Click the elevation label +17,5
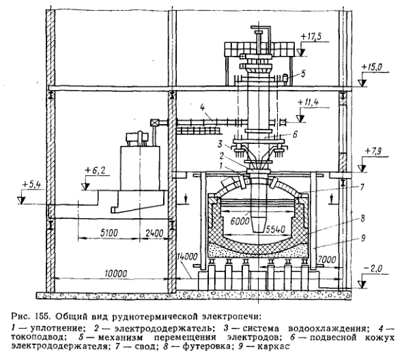(311, 37)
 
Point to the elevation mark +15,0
(372, 67)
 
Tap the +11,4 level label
(308, 102)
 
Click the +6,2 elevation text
(94, 170)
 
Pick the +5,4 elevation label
(31, 185)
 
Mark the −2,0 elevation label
(373, 269)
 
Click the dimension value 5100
(109, 232)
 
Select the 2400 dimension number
(154, 233)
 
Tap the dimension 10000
(115, 273)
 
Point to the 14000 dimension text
(187, 256)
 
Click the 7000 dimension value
(326, 259)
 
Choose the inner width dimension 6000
(240, 221)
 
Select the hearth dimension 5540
(276, 229)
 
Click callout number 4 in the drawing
(203, 108)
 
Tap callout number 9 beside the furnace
(363, 239)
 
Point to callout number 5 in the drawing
(303, 74)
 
